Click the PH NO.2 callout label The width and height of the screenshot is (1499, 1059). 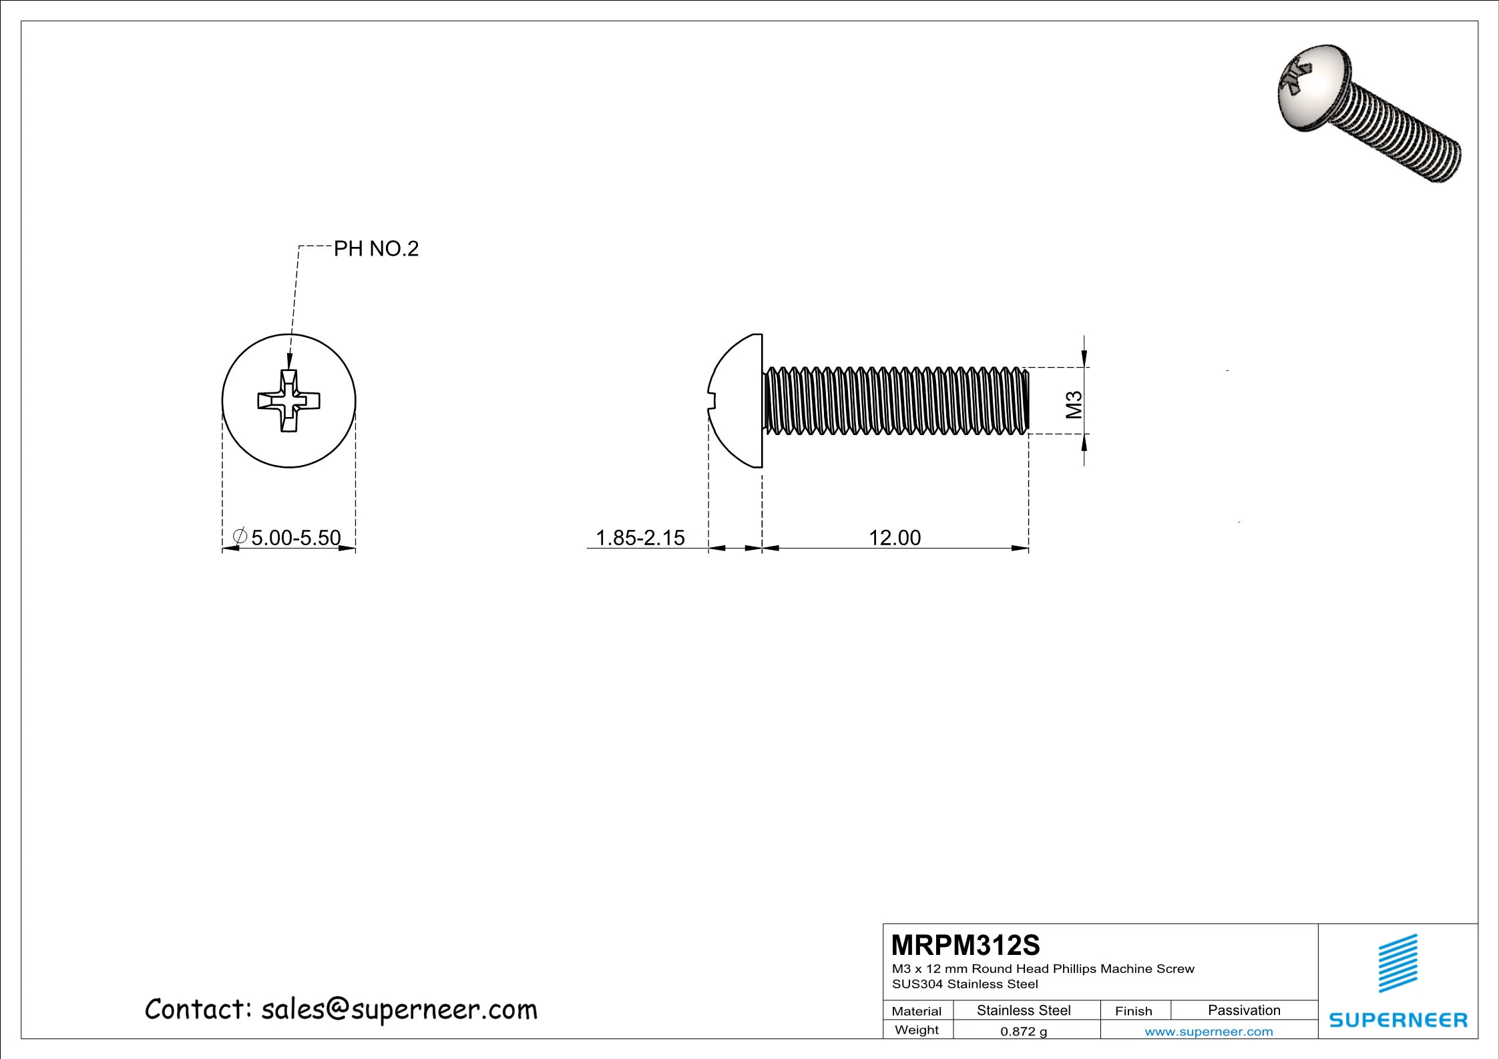tap(376, 249)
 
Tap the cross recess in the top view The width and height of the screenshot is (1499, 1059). tap(289, 401)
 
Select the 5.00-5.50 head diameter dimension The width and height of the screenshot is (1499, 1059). tap(295, 537)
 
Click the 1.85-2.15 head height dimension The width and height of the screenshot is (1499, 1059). tap(640, 537)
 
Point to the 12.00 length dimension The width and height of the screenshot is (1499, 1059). tap(894, 537)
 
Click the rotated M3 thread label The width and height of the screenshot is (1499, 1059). tap(1074, 404)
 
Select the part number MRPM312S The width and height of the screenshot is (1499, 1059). tap(966, 945)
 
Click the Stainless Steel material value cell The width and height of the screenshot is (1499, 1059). tap(1023, 1010)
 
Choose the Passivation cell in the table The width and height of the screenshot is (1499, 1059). tap(1243, 1010)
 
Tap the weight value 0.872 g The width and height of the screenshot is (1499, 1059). tap(1023, 1031)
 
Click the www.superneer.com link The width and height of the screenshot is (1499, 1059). tap(1209, 1032)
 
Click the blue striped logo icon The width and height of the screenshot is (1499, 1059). tap(1398, 964)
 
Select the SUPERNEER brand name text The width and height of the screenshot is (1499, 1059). tap(1398, 1020)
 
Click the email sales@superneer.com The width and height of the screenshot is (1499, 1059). tap(399, 1010)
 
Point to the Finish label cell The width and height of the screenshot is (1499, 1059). tap(1133, 1011)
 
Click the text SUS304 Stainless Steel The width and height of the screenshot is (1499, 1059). tap(965, 984)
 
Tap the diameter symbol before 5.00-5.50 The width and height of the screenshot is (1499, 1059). tap(240, 536)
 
